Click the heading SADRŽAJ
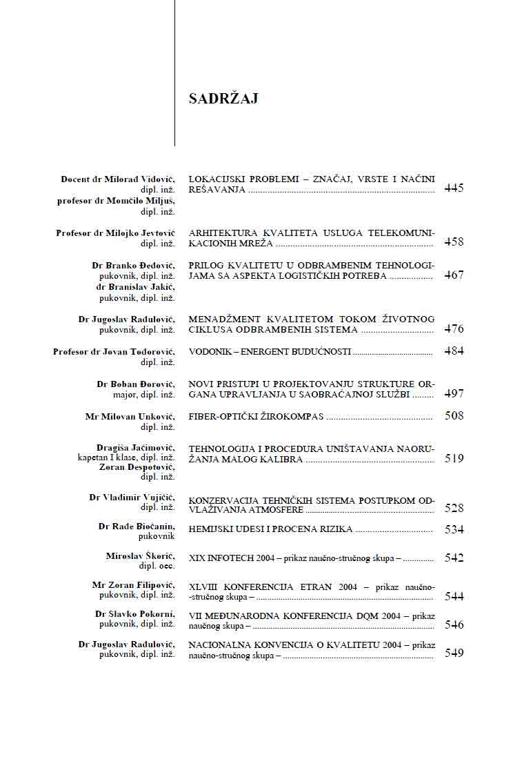pyautogui.click(x=223, y=99)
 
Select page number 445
pyautogui.click(x=454, y=188)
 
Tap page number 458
pyautogui.click(x=454, y=242)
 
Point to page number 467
pyautogui.click(x=454, y=275)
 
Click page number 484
pyautogui.click(x=454, y=351)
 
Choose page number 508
pyautogui.click(x=454, y=416)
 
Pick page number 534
pyautogui.click(x=454, y=530)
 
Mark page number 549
pyautogui.click(x=454, y=653)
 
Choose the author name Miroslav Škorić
pyautogui.click(x=141, y=556)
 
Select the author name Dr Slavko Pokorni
pyautogui.click(x=135, y=613)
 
